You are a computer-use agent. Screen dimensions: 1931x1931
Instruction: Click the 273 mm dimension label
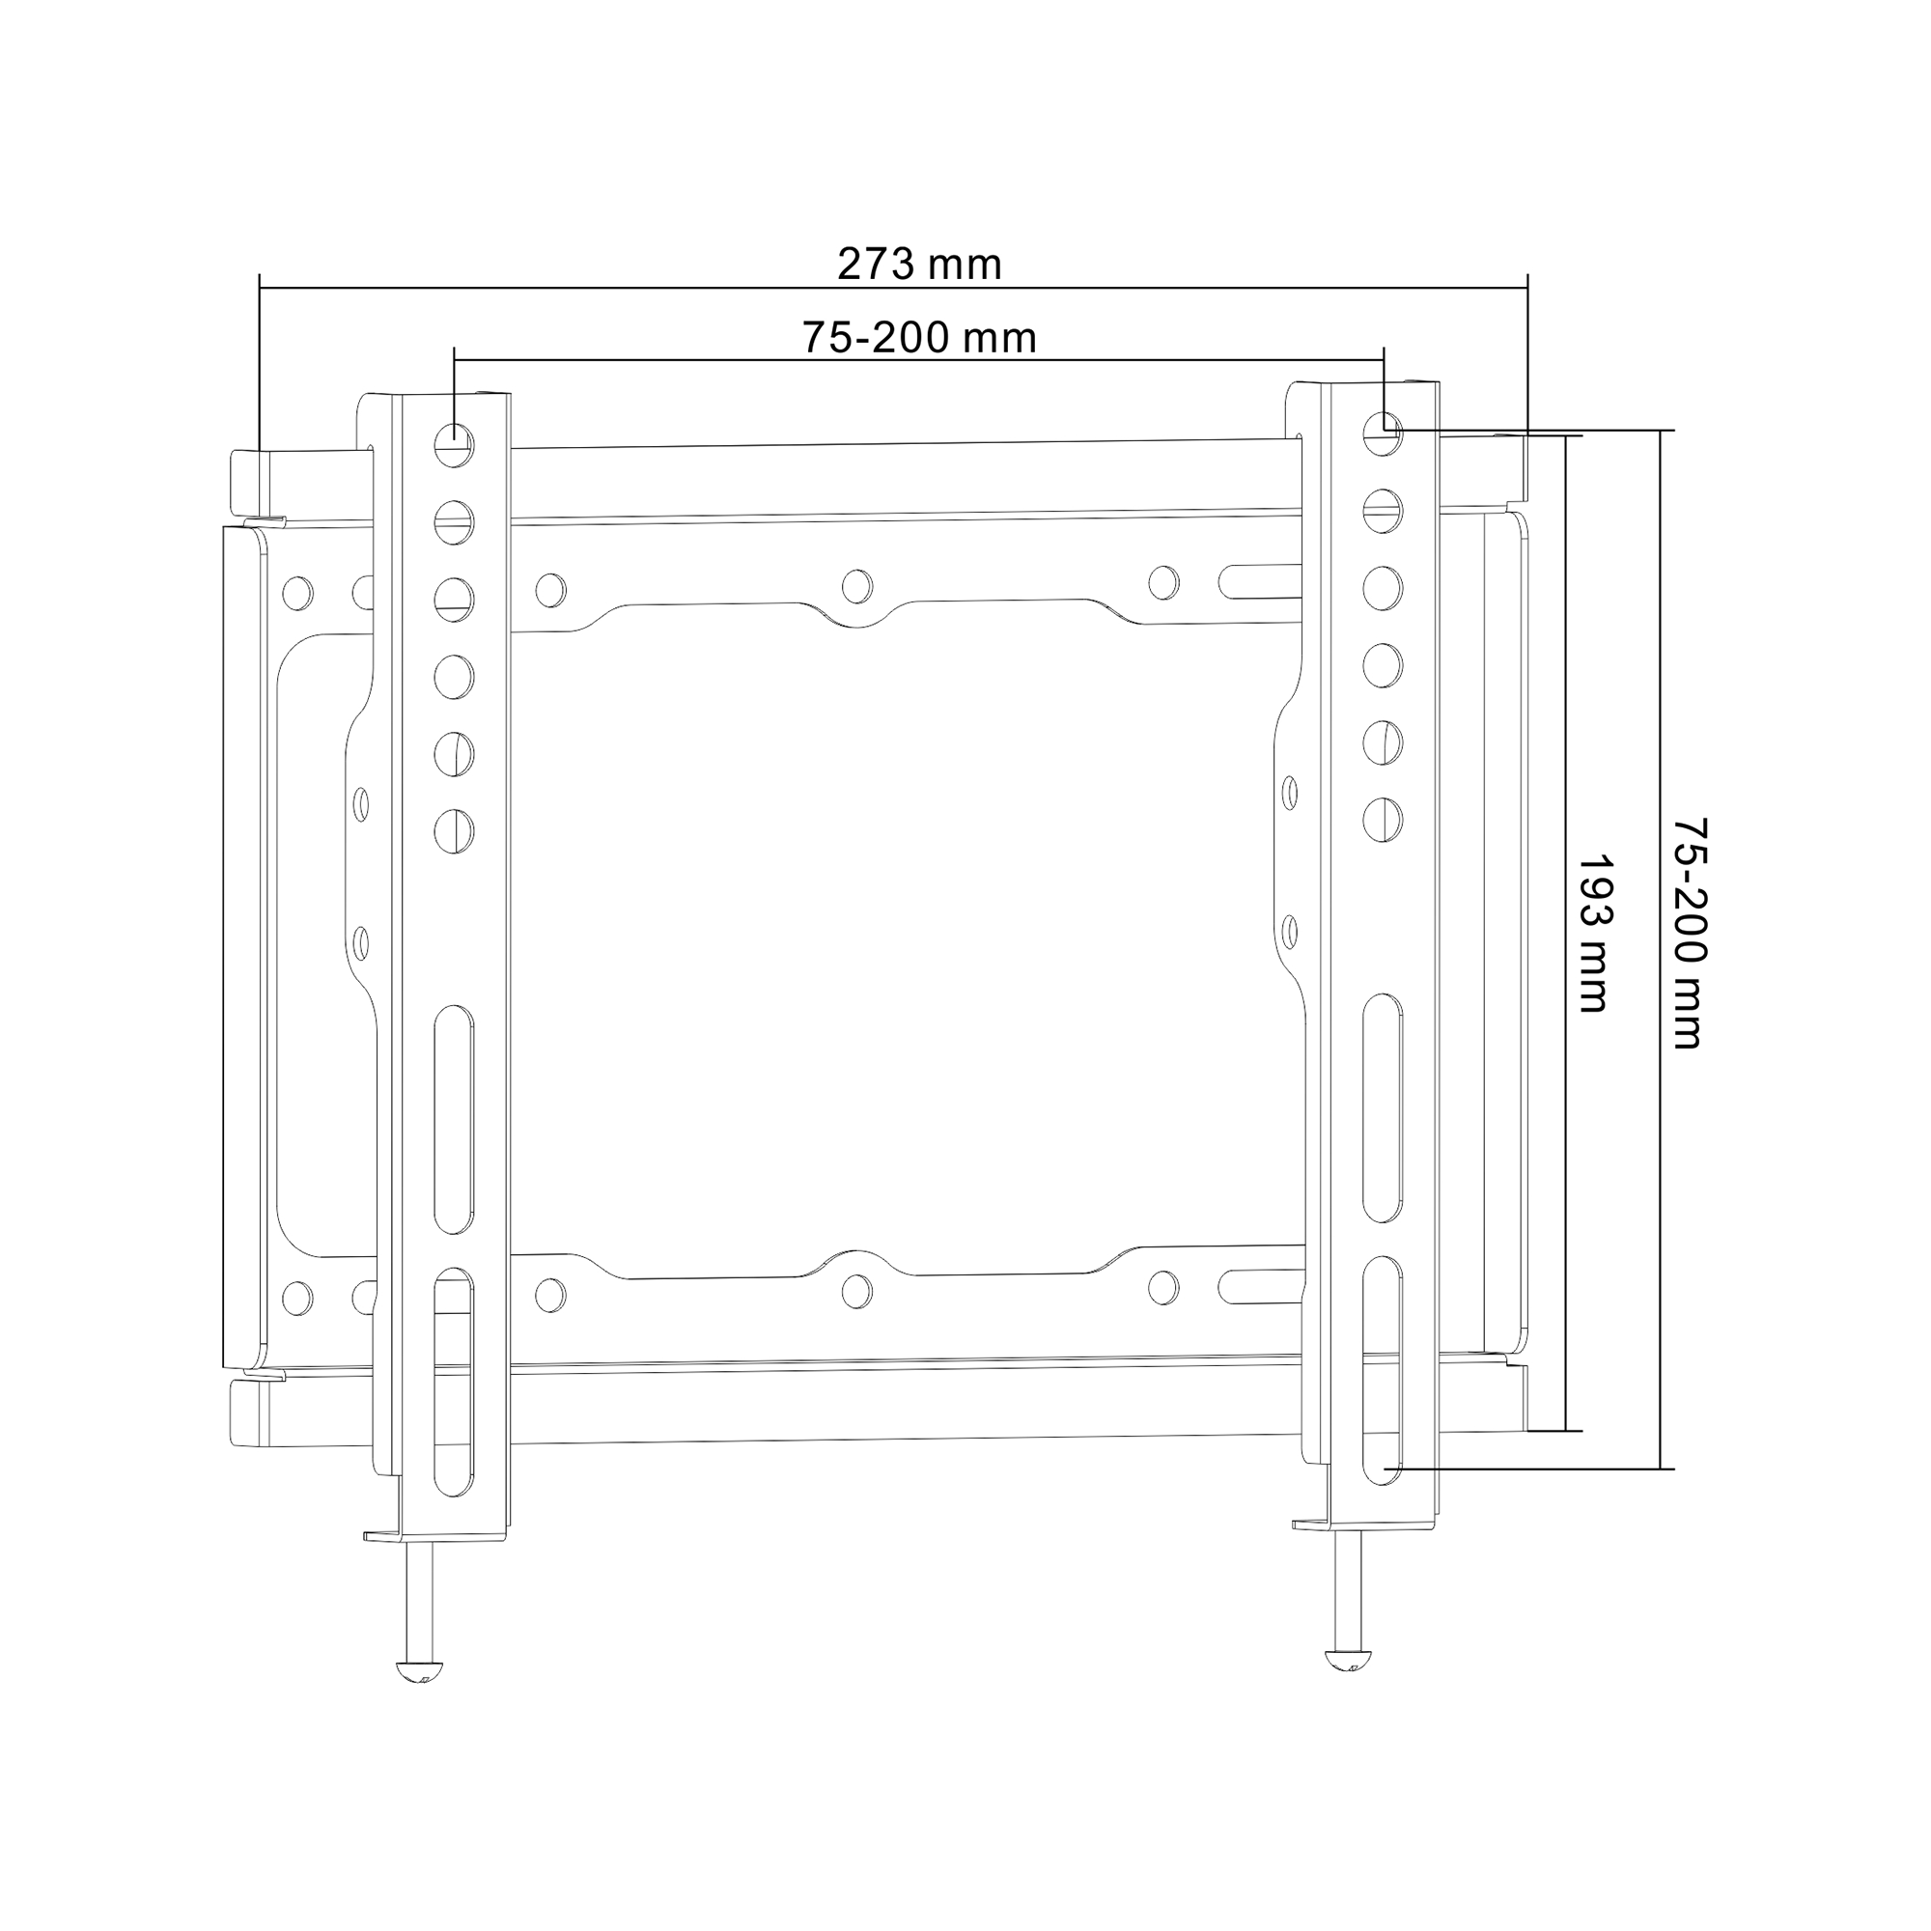[918, 265]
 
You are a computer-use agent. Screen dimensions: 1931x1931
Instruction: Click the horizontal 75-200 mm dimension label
[919, 339]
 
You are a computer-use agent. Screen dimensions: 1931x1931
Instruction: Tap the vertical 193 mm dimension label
[1593, 933]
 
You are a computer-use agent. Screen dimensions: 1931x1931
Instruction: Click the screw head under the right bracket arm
[1348, 1660]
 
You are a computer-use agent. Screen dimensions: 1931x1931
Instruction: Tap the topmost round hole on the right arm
[1383, 433]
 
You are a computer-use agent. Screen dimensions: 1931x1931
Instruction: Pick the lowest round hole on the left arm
[454, 830]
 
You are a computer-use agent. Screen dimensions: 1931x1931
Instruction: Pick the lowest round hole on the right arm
[1383, 820]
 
